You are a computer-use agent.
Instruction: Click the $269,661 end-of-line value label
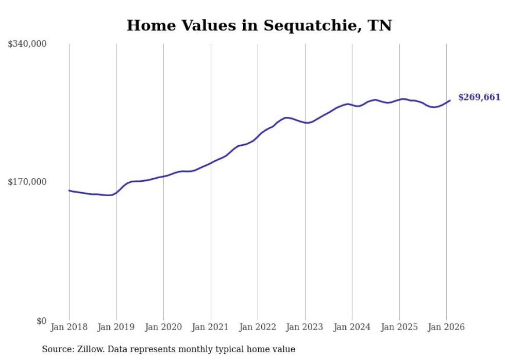479,97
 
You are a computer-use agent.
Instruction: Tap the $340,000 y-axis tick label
27,44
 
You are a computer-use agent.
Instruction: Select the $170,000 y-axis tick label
27,182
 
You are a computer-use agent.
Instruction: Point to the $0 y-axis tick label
41,321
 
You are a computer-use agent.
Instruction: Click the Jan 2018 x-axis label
69,327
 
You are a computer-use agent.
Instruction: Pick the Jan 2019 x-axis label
116,327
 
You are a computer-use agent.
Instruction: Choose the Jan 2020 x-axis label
163,327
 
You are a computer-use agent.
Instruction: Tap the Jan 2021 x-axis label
210,327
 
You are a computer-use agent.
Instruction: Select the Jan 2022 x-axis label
258,327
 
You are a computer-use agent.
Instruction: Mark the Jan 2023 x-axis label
305,327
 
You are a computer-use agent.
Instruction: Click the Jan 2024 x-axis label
352,327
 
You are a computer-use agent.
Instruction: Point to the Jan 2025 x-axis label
399,327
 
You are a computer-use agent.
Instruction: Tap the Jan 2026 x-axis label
446,327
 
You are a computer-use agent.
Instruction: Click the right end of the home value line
450,100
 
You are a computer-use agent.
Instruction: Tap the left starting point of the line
70,191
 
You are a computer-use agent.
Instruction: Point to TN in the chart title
380,25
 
